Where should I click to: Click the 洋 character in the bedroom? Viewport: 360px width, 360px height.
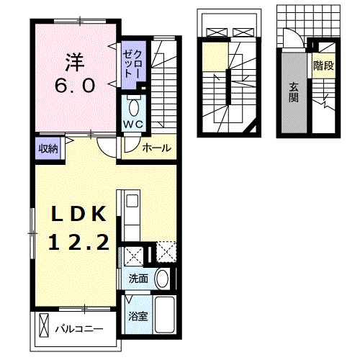[x=75, y=62]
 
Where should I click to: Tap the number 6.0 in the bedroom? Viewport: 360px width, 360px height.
[x=75, y=86]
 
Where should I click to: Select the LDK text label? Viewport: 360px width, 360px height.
[x=78, y=214]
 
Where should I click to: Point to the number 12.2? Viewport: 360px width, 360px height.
[x=79, y=243]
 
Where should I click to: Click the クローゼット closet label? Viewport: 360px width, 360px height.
[x=133, y=64]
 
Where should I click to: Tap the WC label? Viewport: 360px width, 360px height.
[x=133, y=124]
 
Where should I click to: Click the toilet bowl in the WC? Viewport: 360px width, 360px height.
[x=134, y=108]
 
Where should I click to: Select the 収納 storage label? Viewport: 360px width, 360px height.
[x=48, y=148]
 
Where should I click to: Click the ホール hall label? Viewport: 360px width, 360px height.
[x=156, y=148]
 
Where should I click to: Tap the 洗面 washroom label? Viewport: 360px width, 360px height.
[x=138, y=279]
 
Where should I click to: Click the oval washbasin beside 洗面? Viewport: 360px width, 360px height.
[x=162, y=279]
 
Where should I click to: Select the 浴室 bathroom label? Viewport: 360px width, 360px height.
[x=138, y=316]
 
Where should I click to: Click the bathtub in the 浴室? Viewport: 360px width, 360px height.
[x=164, y=315]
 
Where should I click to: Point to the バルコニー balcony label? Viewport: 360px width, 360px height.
[x=79, y=328]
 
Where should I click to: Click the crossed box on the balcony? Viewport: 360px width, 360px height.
[x=44, y=325]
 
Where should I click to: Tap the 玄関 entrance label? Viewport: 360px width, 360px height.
[x=294, y=92]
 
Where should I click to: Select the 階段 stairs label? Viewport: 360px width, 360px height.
[x=323, y=66]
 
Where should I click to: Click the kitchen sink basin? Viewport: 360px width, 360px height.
[x=132, y=201]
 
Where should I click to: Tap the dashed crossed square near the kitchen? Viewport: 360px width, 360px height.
[x=166, y=251]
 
